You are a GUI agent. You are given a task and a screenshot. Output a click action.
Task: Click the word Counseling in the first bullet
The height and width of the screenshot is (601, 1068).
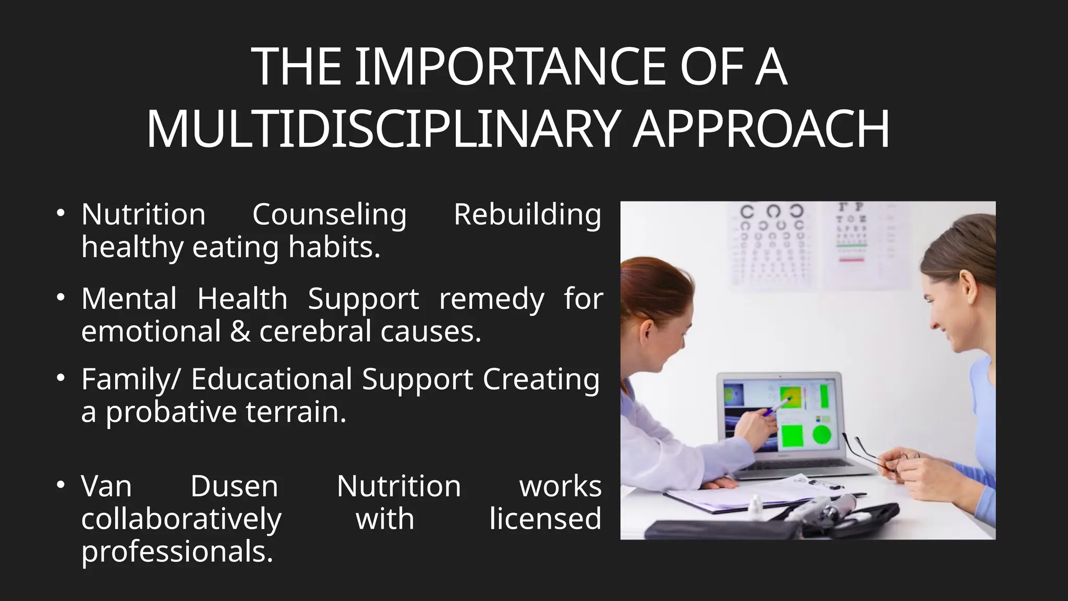[x=329, y=214]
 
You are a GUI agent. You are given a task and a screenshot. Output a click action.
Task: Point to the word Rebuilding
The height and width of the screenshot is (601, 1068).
[x=527, y=214]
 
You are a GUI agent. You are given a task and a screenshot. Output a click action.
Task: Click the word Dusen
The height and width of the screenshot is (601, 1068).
[x=234, y=486]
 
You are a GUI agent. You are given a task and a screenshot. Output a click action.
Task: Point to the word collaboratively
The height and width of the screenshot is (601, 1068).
[x=181, y=519]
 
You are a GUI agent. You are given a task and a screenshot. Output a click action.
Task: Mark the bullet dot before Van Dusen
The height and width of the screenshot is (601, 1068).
[x=61, y=485]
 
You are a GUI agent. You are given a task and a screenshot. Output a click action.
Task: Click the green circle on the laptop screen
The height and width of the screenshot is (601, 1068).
[x=821, y=435]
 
